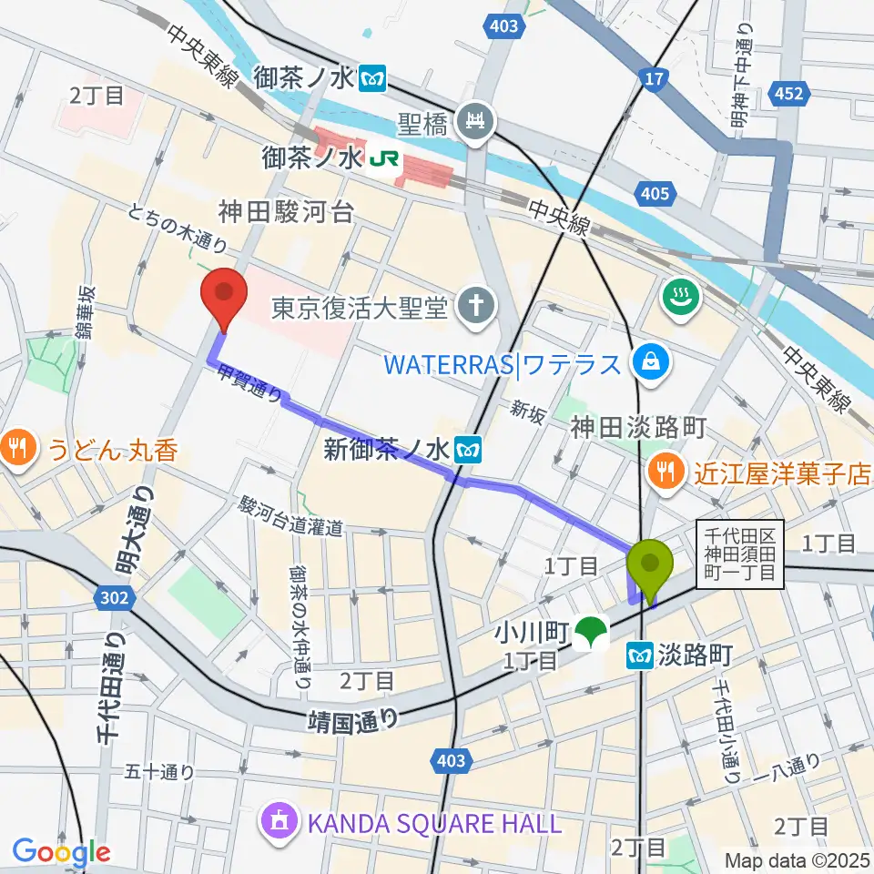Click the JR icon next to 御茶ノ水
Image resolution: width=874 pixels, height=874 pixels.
[x=376, y=161]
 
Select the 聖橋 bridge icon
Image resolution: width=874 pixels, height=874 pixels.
[x=475, y=118]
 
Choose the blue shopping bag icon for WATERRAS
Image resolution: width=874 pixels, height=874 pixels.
[x=653, y=364]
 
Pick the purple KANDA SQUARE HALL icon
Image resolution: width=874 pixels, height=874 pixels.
[x=277, y=823]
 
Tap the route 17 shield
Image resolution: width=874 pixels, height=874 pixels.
[x=652, y=82]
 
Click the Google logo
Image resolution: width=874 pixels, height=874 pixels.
[x=61, y=852]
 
